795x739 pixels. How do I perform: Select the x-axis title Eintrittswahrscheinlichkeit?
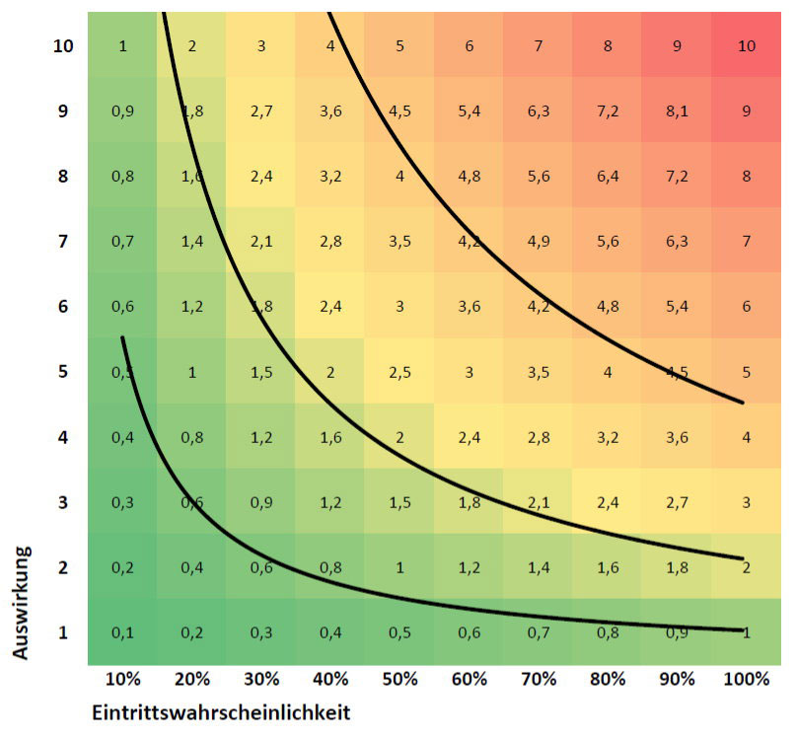coord(221,711)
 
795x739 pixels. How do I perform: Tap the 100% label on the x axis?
coord(746,679)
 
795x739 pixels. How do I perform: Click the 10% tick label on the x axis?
coord(122,679)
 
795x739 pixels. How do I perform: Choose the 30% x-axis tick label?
coord(260,679)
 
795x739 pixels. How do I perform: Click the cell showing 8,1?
coord(677,111)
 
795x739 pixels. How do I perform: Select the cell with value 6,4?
coord(608,176)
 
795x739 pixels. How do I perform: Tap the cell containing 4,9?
coord(539,241)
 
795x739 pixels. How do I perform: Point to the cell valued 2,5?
coord(399,371)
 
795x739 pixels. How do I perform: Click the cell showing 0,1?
coord(122,631)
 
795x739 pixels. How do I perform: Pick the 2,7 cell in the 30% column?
coord(261,111)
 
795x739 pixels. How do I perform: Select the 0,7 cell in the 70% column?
coord(539,631)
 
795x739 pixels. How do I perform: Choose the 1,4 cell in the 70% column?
coord(539,566)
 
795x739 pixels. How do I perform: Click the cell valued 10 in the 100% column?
coord(747,45)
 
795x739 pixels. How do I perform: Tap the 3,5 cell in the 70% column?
coord(539,371)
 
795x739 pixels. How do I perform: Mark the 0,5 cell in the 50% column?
coord(399,631)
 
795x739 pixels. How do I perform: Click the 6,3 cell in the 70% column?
coord(539,111)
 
